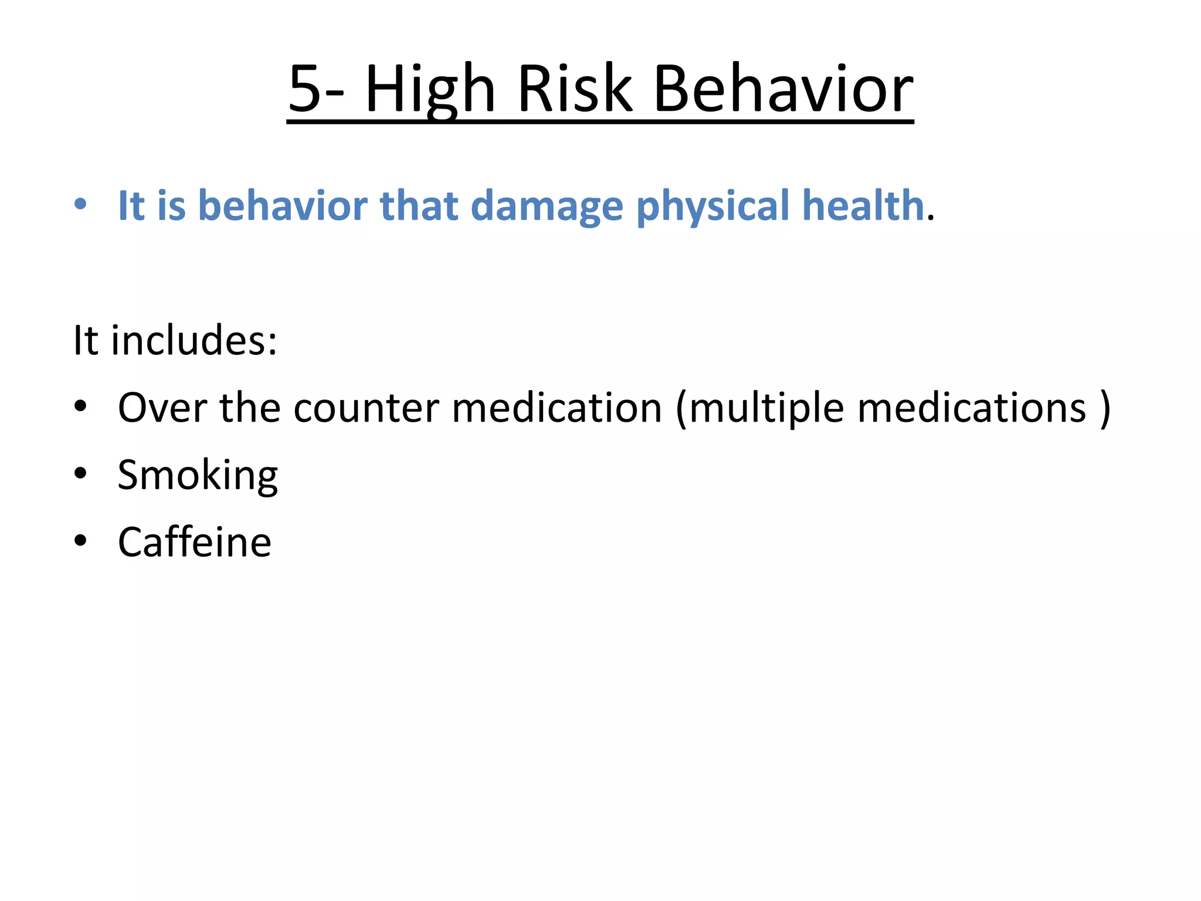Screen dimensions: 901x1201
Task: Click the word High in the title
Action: click(430, 89)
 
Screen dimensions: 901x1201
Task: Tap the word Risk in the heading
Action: click(575, 89)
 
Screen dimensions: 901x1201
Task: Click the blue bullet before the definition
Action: click(80, 205)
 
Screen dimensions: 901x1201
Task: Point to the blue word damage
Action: click(547, 206)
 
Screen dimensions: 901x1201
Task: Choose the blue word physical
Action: click(713, 206)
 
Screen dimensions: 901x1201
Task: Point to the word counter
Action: click(366, 408)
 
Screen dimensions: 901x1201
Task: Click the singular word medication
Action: click(557, 408)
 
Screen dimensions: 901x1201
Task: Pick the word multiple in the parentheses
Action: click(766, 408)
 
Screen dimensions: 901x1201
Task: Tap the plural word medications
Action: click(972, 408)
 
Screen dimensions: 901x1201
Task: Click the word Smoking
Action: click(198, 475)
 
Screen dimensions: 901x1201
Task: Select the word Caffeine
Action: click(194, 542)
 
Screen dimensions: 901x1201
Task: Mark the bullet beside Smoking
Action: click(80, 473)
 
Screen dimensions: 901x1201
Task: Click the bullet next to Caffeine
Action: click(80, 540)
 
